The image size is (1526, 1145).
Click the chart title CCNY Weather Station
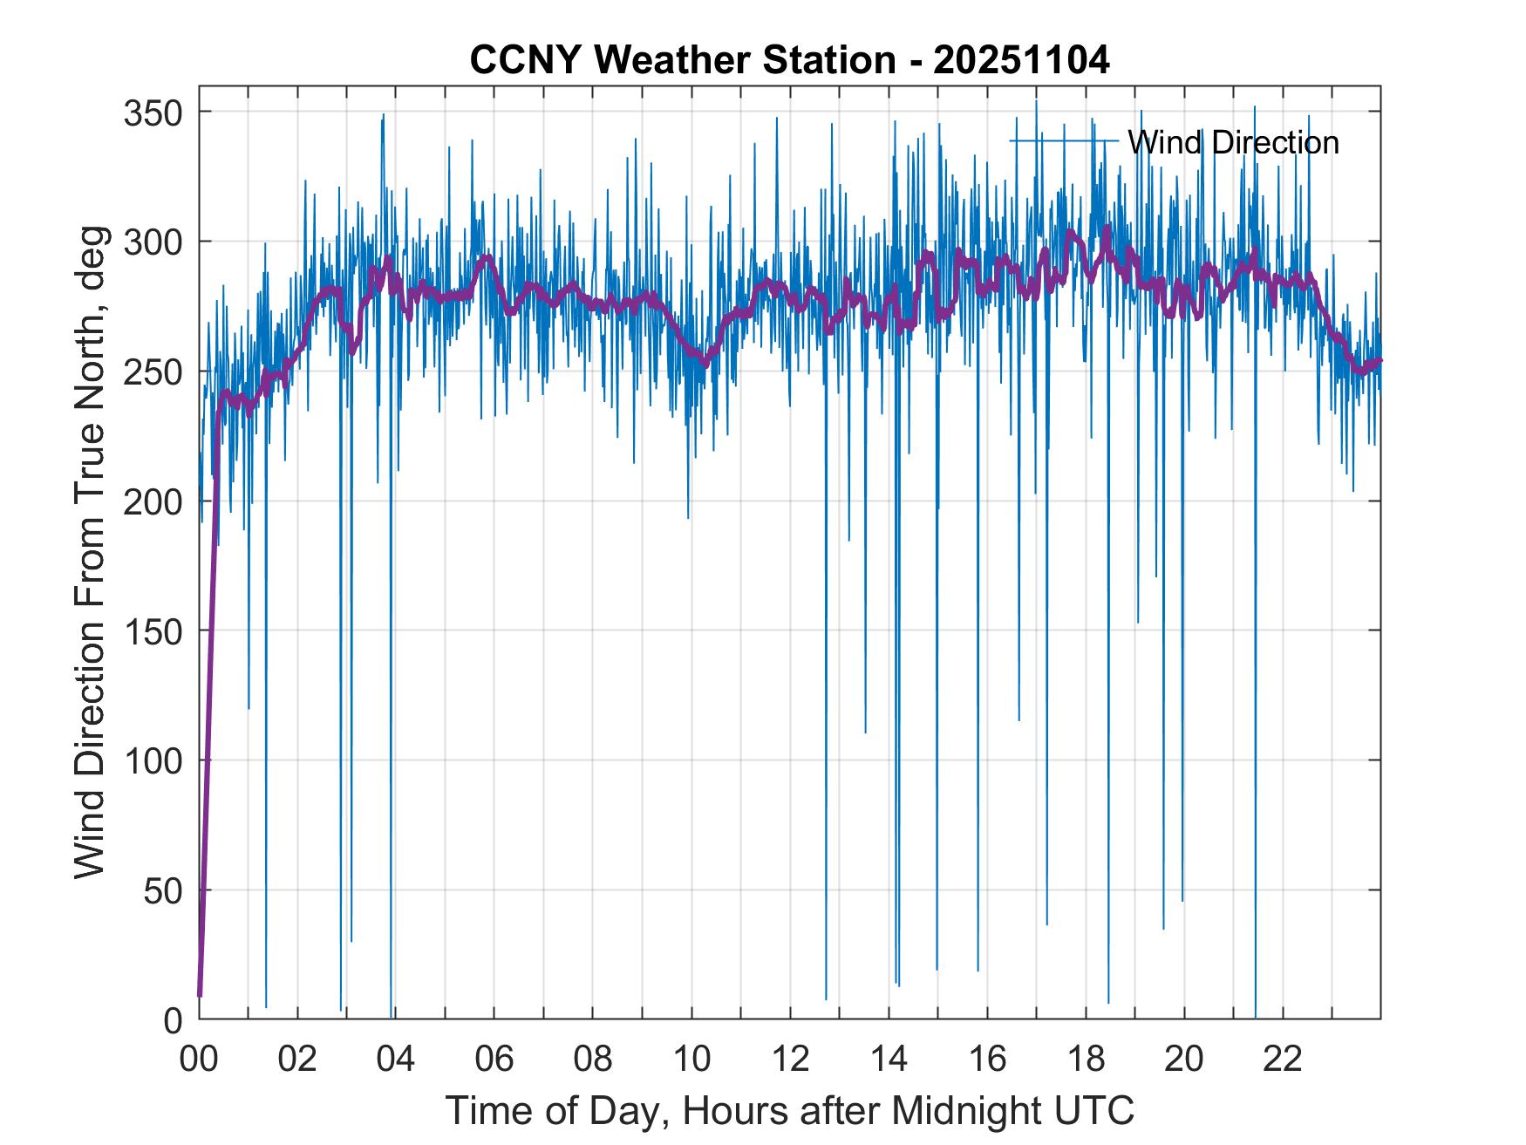tap(683, 61)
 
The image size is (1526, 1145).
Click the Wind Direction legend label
tap(1233, 142)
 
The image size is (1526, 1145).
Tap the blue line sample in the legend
tap(1064, 140)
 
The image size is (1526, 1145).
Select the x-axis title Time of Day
tap(790, 1110)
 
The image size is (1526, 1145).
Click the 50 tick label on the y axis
tap(162, 889)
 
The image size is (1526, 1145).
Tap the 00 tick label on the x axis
tap(200, 1059)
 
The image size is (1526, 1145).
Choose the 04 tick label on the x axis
tap(396, 1059)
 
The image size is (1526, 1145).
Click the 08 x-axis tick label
tap(593, 1059)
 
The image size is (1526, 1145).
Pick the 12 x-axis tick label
tap(790, 1059)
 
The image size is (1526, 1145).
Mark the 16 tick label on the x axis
tap(987, 1059)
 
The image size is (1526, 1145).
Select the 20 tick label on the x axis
tap(1184, 1059)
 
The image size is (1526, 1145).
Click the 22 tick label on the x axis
tap(1283, 1059)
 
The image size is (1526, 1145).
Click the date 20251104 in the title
tap(1022, 61)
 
